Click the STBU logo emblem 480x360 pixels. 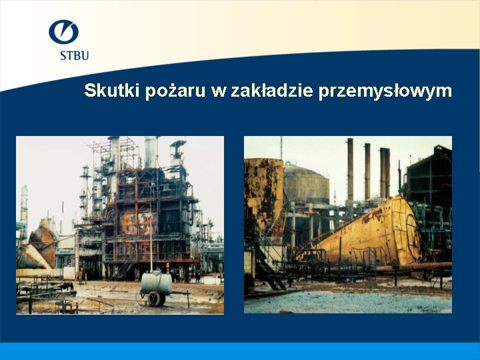click(63, 33)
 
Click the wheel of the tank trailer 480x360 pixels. click(156, 298)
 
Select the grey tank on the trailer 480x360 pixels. click(157, 283)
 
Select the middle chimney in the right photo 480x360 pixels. click(367, 170)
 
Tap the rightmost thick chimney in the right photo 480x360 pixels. click(385, 172)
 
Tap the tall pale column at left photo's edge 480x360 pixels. click(24, 207)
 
